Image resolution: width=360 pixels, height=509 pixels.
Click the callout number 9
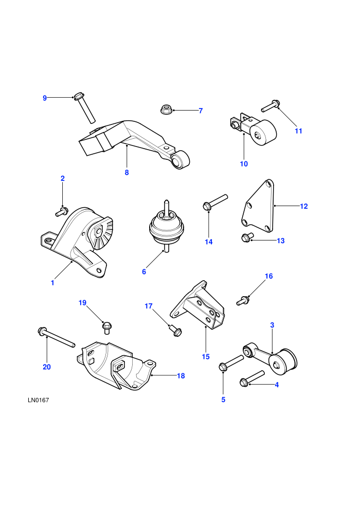click(45, 98)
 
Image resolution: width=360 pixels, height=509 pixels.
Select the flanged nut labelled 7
click(166, 110)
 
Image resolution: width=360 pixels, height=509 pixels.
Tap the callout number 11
click(298, 131)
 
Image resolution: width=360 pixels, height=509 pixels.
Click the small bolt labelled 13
click(246, 238)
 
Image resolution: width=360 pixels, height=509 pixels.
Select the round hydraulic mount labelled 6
click(166, 226)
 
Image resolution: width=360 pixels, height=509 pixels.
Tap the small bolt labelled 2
click(61, 212)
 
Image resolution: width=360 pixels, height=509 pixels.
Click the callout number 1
click(52, 283)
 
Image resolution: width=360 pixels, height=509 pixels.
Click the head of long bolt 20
click(42, 331)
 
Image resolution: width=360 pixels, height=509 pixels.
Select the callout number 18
click(181, 376)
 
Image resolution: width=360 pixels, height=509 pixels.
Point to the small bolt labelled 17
click(175, 331)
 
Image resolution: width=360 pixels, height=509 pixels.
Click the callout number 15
click(206, 356)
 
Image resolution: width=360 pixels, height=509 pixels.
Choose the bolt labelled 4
click(252, 379)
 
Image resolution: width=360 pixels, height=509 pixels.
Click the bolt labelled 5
click(231, 363)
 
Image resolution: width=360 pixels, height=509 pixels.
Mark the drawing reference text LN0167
click(38, 400)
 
